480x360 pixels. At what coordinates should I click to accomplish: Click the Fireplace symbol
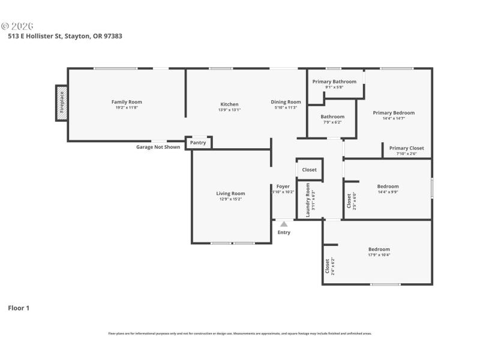(61, 103)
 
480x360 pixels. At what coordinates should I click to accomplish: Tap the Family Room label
(127, 102)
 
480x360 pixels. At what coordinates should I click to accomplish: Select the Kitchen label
(229, 104)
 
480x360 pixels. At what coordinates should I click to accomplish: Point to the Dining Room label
(286, 102)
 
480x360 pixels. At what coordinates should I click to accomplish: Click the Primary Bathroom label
(334, 82)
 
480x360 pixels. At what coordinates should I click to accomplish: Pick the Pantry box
(198, 143)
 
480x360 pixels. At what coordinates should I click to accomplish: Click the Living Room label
(230, 193)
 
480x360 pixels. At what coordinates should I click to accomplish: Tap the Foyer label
(283, 187)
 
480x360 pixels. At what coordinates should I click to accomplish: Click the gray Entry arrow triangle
(284, 224)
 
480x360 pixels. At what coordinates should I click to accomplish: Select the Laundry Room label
(308, 203)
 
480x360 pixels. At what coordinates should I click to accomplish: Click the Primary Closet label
(406, 148)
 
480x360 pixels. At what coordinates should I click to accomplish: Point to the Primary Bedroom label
(394, 113)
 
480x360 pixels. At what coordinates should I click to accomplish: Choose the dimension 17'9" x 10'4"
(379, 255)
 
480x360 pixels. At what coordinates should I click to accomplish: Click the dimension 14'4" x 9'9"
(388, 192)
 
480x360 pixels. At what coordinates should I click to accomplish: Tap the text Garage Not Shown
(158, 147)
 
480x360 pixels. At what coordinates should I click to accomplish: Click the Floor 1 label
(19, 308)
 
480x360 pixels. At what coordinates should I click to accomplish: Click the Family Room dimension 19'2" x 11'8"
(127, 107)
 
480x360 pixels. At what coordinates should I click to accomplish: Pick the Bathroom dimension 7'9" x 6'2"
(332, 122)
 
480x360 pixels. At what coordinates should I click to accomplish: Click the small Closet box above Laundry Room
(310, 170)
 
